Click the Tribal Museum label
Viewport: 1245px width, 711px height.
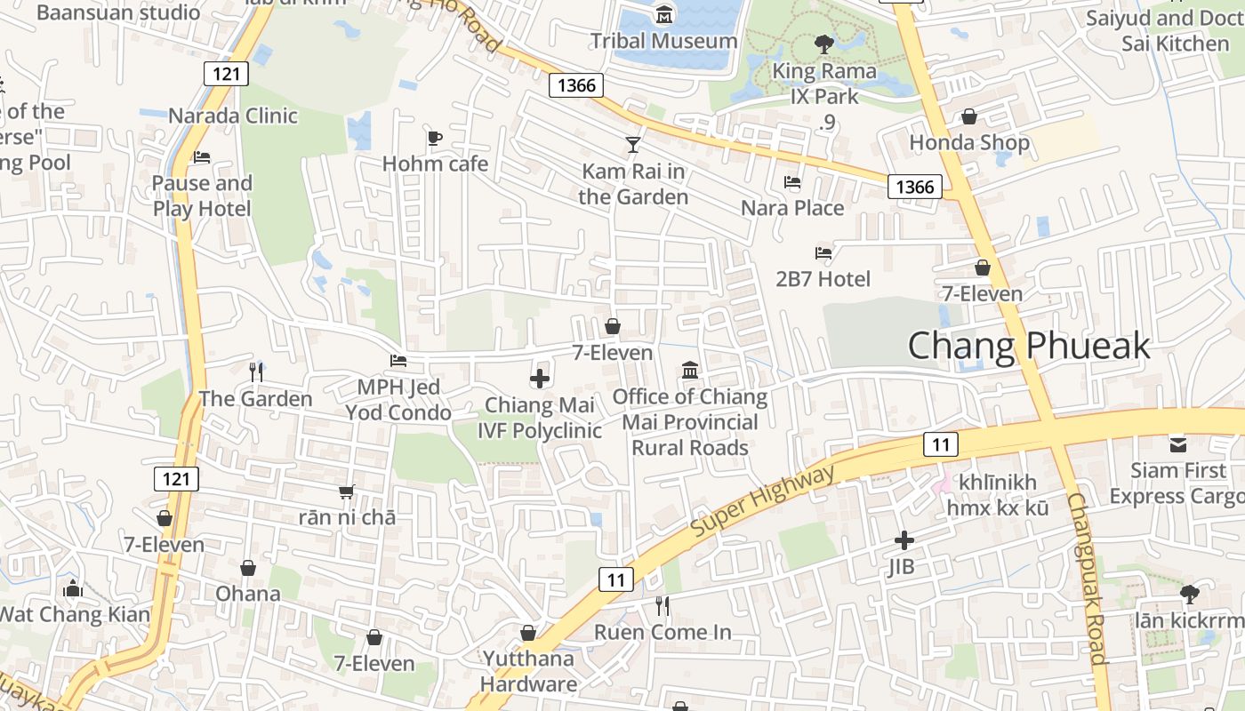pos(664,41)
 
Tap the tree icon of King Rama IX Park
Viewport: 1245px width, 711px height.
pos(824,44)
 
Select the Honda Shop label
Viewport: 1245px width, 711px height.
pos(968,142)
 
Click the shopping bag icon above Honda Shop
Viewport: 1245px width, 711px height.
pos(969,116)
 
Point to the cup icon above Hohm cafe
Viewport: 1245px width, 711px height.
pos(434,138)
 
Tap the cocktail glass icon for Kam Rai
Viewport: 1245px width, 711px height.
pos(632,144)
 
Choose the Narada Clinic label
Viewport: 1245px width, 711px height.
pos(233,116)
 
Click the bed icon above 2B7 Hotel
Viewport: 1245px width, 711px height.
pos(823,253)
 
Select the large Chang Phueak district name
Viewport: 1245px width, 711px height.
pos(1029,346)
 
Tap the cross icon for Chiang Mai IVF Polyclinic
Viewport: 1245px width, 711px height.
pos(539,379)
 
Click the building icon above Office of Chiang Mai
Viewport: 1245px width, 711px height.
pos(690,370)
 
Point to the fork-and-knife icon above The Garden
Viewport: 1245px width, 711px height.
pos(256,371)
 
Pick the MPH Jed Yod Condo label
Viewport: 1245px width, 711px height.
pos(398,400)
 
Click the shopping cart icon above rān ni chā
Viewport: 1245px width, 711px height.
pos(347,491)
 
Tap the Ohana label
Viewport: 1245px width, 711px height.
pos(248,593)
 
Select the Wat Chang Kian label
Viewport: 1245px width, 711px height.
pos(74,613)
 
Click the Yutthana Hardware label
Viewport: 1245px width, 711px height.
pos(528,671)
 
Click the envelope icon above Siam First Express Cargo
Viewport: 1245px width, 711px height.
pos(1178,443)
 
